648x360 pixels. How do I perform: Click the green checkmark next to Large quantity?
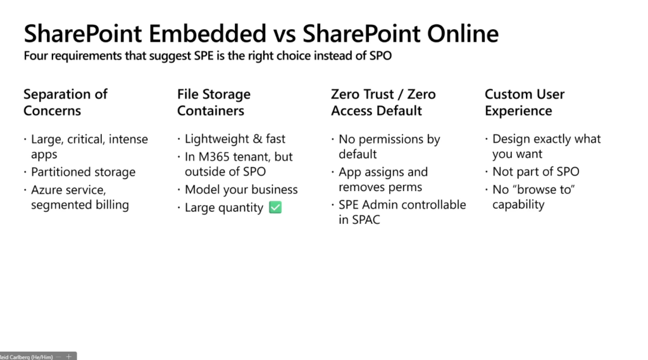click(x=275, y=207)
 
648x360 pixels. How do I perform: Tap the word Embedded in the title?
click(x=208, y=34)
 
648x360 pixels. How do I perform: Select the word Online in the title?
click(x=463, y=34)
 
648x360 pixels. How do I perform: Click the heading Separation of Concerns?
click(x=65, y=102)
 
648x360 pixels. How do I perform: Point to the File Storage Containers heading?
click(x=214, y=102)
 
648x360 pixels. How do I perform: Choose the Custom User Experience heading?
click(x=525, y=102)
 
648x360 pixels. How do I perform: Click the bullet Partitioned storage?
click(x=83, y=172)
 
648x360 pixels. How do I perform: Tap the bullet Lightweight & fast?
click(x=235, y=139)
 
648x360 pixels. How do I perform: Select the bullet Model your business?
click(x=241, y=190)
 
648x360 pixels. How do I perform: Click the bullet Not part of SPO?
click(x=535, y=171)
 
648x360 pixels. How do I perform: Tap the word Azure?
click(x=47, y=190)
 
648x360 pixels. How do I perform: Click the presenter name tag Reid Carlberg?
click(x=27, y=357)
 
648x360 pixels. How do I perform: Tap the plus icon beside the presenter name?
click(x=68, y=356)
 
